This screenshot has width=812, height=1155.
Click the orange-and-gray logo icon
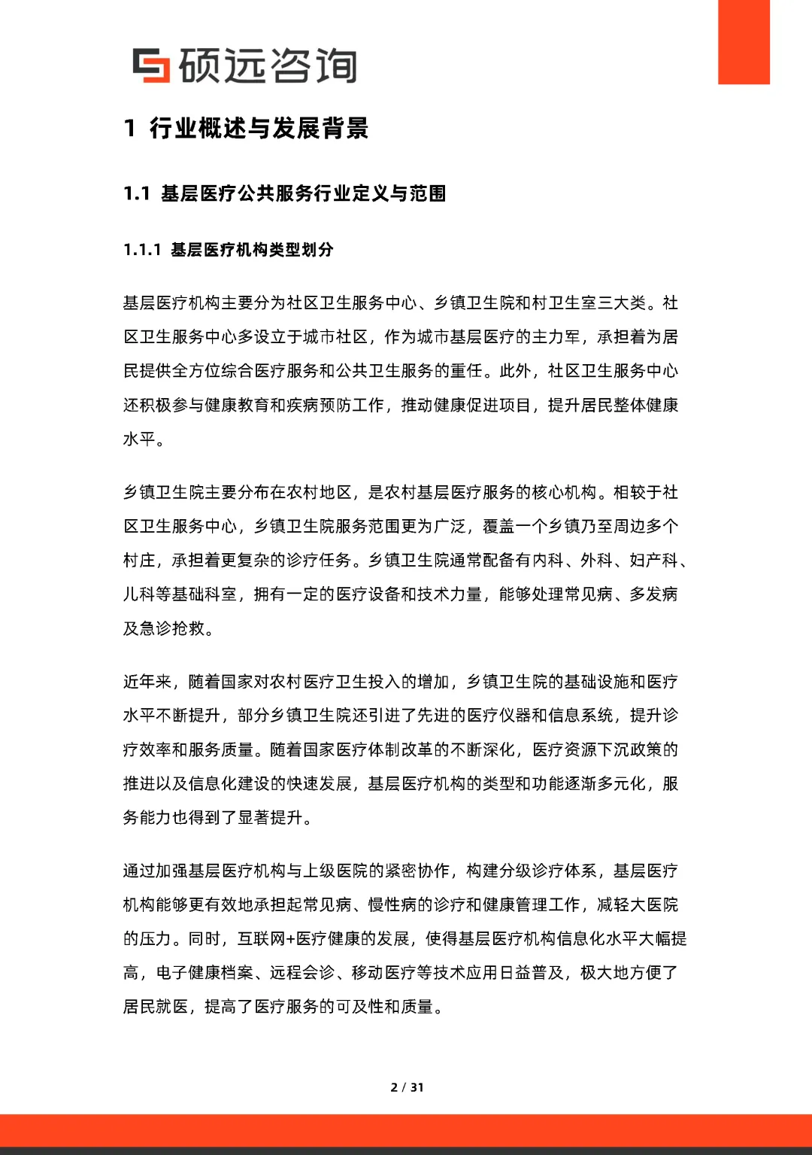(x=151, y=65)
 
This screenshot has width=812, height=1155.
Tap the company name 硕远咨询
(x=267, y=65)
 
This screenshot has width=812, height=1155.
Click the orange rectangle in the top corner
(x=744, y=42)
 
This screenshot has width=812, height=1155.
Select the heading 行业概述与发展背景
(x=259, y=129)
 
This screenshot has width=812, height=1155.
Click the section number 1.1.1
(x=142, y=250)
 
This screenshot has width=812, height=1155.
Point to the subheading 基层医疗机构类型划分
(x=252, y=250)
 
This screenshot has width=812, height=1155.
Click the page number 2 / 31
(x=407, y=1087)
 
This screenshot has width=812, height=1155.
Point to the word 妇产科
(x=653, y=561)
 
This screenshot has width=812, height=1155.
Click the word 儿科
(x=140, y=594)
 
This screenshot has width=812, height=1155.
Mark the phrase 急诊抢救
(x=172, y=628)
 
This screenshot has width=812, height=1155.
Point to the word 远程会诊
(x=302, y=973)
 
